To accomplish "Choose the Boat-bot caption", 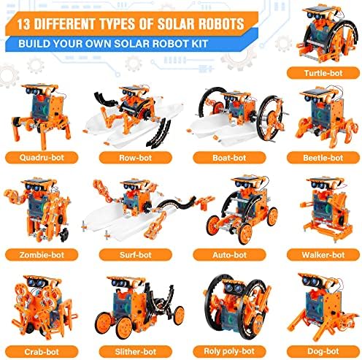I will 228,156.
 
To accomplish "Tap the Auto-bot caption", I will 228,256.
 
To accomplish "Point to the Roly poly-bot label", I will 228,349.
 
